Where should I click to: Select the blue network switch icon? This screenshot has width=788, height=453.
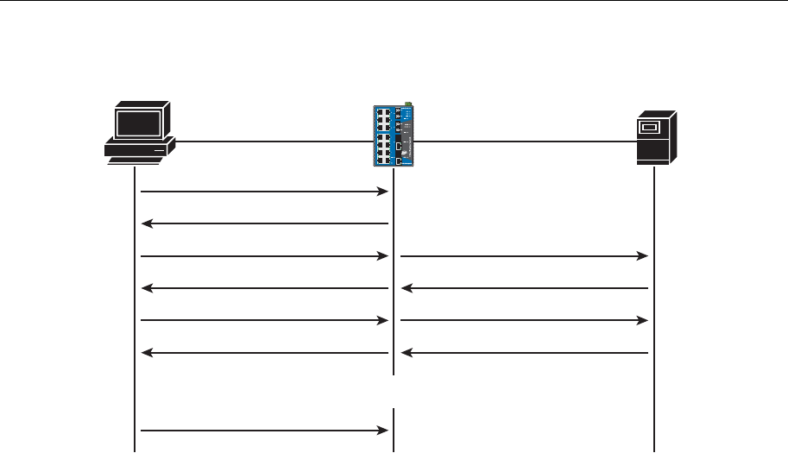click(394, 136)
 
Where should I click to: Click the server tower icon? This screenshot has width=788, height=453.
click(655, 137)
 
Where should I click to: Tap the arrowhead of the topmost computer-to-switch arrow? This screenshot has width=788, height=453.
click(384, 192)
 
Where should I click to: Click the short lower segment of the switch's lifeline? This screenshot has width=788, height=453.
click(394, 430)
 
